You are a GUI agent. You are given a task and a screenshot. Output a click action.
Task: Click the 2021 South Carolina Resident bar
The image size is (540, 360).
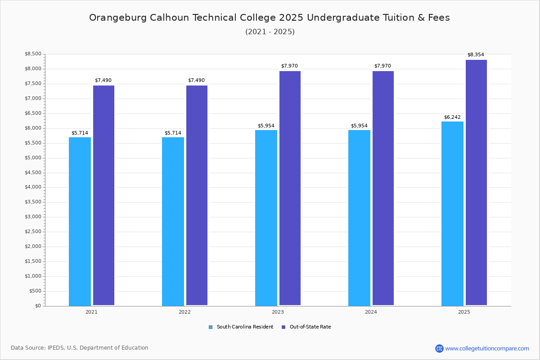[x=80, y=221]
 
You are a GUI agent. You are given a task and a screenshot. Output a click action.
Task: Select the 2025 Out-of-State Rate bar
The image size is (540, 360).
[x=476, y=183]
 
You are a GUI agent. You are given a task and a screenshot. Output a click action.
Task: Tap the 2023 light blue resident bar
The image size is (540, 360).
[x=266, y=218]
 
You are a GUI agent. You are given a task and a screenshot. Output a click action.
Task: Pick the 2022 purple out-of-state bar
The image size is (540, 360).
[x=197, y=195]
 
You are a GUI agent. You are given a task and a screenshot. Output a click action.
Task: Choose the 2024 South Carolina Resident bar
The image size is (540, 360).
[x=359, y=218]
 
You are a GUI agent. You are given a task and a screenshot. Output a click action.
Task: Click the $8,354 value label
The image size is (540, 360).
[x=476, y=55]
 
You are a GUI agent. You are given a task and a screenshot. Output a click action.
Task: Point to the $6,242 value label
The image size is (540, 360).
[x=452, y=117]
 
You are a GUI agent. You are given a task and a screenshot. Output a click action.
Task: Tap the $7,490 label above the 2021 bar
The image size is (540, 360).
[x=103, y=80]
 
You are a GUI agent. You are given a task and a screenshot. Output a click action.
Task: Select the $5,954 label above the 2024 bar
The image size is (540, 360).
[x=359, y=126]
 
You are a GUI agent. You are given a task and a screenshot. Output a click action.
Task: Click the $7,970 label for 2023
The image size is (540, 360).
[x=289, y=66]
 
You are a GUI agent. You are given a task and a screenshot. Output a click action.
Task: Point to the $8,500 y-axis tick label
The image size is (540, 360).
[x=33, y=54]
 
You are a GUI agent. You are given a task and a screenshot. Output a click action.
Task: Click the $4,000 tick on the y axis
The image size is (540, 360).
[x=33, y=187]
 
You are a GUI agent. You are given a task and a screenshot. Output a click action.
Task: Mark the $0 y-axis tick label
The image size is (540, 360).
[x=38, y=306]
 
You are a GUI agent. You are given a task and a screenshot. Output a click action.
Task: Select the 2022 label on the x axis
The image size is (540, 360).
[x=184, y=312]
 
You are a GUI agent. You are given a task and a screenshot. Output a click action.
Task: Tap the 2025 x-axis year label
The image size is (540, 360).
[x=464, y=312]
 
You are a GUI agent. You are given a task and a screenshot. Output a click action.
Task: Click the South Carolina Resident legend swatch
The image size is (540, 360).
[x=211, y=327]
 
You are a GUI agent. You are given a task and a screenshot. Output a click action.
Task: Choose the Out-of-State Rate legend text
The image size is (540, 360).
[x=310, y=327]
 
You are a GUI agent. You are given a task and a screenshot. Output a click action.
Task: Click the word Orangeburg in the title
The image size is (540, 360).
[x=118, y=18]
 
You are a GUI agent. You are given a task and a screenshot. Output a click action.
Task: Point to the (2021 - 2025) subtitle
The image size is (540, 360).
[x=270, y=32]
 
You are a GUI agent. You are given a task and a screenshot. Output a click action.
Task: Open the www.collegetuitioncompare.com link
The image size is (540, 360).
[x=487, y=348]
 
